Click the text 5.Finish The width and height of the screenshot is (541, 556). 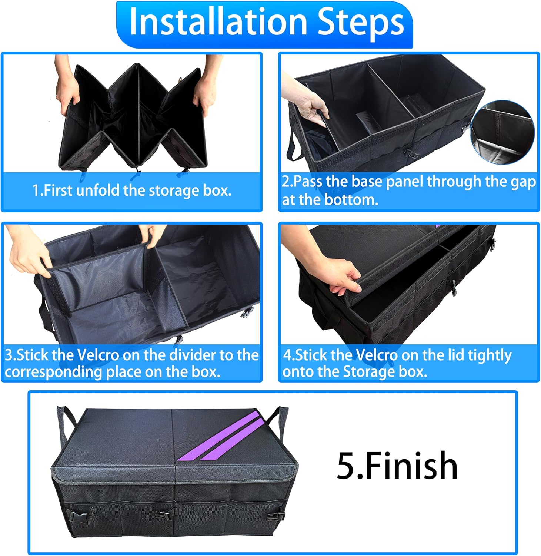coord(397,466)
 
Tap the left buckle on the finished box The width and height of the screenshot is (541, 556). coord(76,515)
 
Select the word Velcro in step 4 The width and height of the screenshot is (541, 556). coord(376,355)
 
